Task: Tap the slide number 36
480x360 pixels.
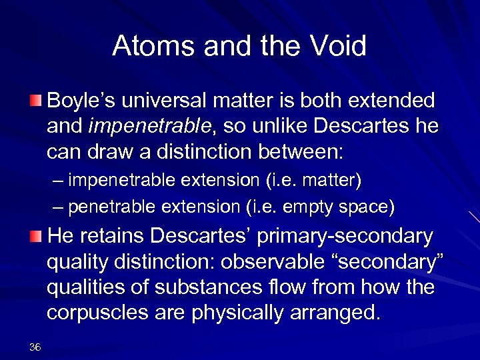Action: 36,347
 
